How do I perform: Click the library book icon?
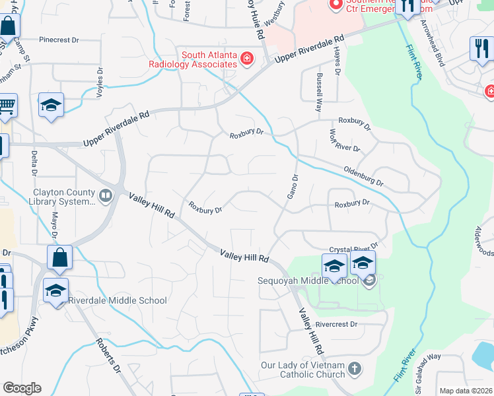click(105, 195)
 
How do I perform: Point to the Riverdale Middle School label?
click(117, 300)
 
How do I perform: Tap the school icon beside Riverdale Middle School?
click(55, 290)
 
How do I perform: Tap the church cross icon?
click(355, 367)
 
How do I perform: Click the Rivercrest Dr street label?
click(336, 324)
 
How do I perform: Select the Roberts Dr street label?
click(108, 357)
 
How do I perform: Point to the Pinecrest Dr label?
click(58, 40)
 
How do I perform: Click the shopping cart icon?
click(6, 106)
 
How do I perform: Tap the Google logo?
click(22, 388)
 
